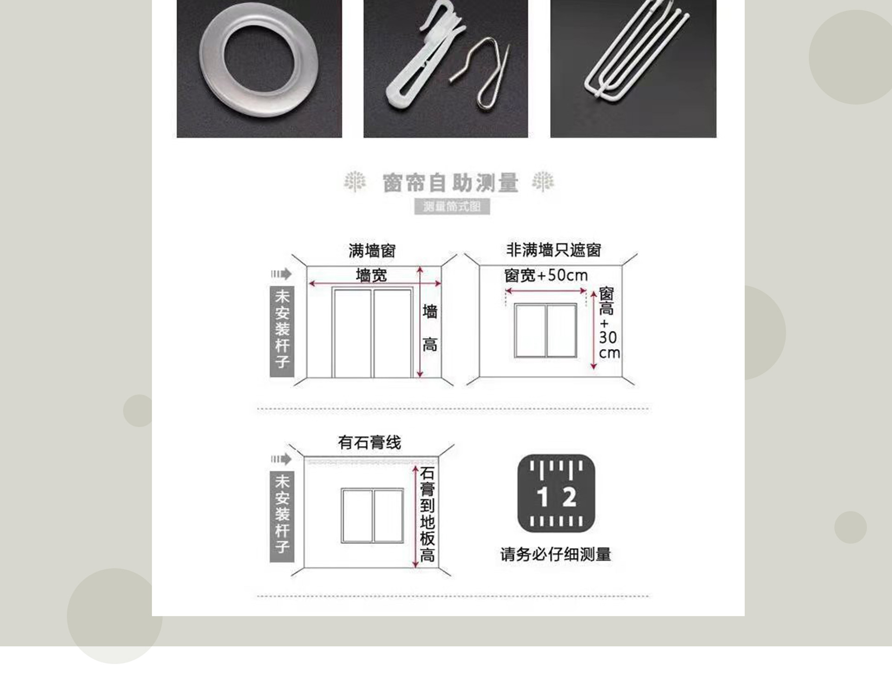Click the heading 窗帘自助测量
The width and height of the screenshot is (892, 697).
pos(450,183)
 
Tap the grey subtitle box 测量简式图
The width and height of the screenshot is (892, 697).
pos(452,206)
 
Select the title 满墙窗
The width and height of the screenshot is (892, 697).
pos(372,251)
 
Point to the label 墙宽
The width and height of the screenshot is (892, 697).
pos(371,275)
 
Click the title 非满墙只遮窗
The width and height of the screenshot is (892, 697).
pos(553,250)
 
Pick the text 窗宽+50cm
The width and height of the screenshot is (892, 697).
pos(546,276)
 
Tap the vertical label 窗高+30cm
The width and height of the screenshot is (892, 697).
pos(608,323)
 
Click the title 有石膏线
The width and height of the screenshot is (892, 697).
pos(369,442)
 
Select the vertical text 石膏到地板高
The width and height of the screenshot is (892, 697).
pos(427,514)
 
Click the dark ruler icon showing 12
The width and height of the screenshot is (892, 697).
pos(556,493)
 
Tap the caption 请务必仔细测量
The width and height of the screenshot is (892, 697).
pos(555,554)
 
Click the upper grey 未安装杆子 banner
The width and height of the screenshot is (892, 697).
pos(282,331)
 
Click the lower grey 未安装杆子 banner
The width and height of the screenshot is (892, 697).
pos(282,516)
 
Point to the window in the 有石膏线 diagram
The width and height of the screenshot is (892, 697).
pos(372,515)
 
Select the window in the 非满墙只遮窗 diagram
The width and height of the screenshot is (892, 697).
pos(545,330)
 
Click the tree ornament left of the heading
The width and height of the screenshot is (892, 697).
pos(354,181)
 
